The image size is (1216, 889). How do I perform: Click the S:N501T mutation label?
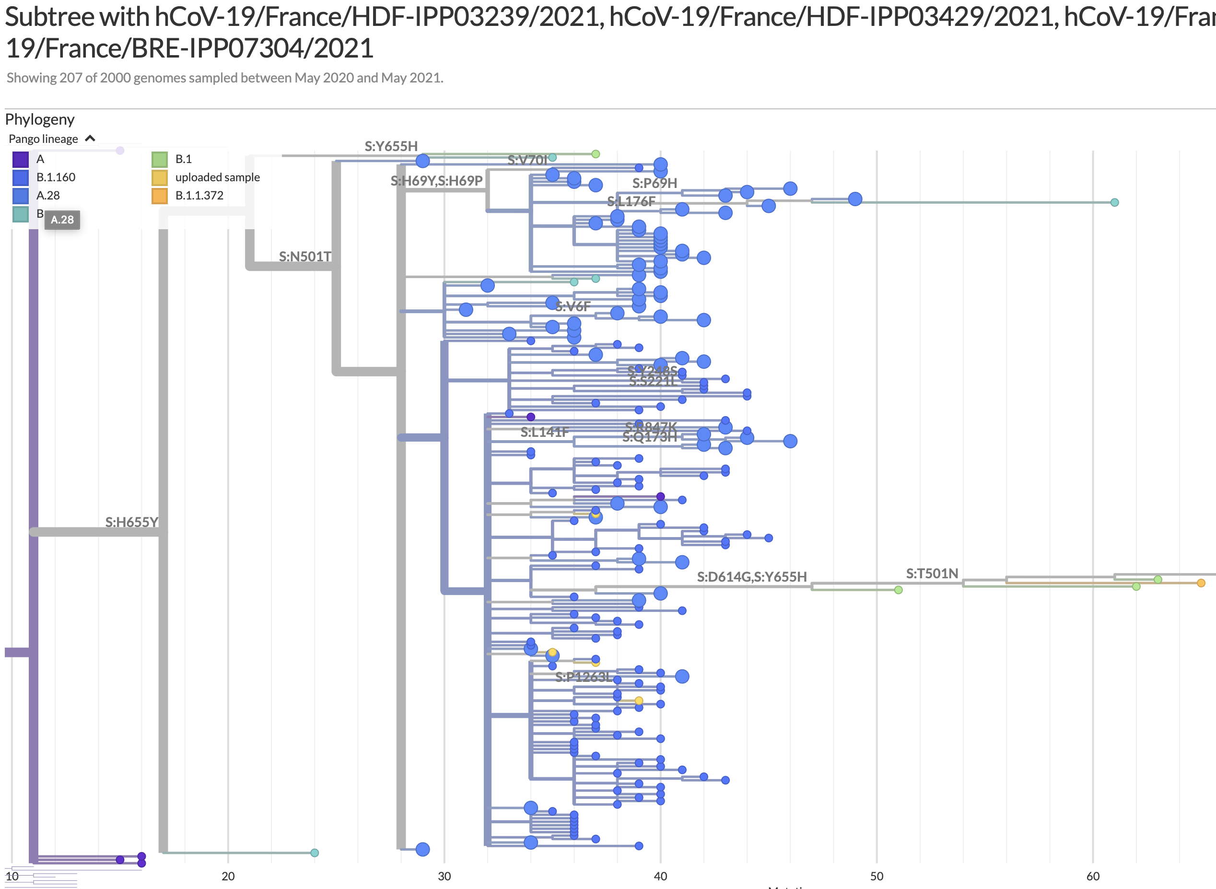pyautogui.click(x=304, y=256)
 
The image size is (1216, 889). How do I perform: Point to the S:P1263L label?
pyautogui.click(x=583, y=677)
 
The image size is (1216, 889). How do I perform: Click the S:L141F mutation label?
pyautogui.click(x=544, y=432)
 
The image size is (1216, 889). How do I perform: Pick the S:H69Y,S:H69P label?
pyautogui.click(x=436, y=180)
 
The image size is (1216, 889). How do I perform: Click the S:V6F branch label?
pyautogui.click(x=573, y=306)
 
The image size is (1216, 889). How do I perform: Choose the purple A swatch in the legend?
pyautogui.click(x=21, y=159)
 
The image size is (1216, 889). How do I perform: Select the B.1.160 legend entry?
pyautogui.click(x=56, y=177)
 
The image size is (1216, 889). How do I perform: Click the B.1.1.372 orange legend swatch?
pyautogui.click(x=160, y=196)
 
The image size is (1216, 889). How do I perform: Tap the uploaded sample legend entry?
pyautogui.click(x=217, y=177)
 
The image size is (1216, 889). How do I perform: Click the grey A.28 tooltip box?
pyautogui.click(x=62, y=220)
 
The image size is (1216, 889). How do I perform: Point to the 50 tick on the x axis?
pyautogui.click(x=876, y=876)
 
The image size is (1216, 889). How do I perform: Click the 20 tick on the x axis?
pyautogui.click(x=228, y=876)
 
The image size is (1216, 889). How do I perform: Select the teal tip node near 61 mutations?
pyautogui.click(x=1114, y=202)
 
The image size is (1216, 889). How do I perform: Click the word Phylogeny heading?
pyautogui.click(x=40, y=119)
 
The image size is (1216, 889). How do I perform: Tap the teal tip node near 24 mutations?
pyautogui.click(x=315, y=853)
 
